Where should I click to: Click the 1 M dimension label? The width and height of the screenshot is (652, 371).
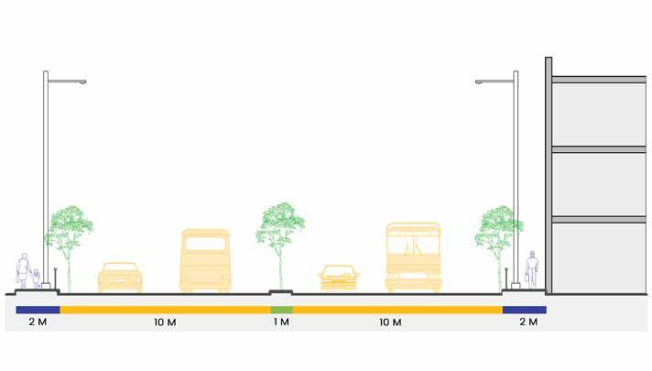(281, 322)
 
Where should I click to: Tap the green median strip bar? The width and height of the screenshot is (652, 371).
(281, 310)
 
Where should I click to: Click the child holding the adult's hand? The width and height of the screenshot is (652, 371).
(36, 278)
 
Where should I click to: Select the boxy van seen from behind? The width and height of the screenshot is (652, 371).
(205, 260)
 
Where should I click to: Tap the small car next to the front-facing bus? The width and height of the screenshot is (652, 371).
(339, 277)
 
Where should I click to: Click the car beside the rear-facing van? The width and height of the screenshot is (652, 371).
(120, 276)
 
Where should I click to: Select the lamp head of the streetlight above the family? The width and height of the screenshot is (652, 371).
(80, 82)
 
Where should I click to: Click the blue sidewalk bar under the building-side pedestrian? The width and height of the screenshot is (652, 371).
(524, 310)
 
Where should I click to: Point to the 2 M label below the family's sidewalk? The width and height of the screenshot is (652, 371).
(38, 322)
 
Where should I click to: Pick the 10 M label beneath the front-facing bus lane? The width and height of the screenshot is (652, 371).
(390, 322)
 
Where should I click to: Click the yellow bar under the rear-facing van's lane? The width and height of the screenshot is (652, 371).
(165, 310)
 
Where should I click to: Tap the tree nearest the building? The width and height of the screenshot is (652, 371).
(499, 234)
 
